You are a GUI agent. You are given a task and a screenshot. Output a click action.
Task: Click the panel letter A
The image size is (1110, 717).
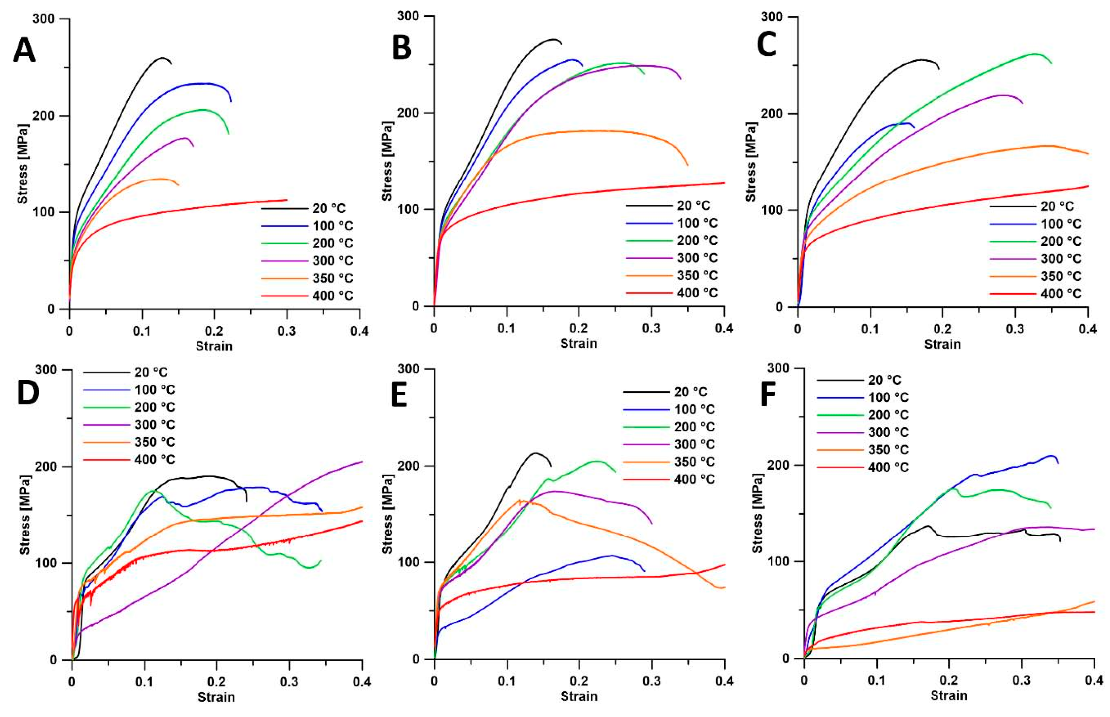pos(24,50)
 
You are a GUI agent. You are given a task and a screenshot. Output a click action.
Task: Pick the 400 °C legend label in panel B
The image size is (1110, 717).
pos(697,293)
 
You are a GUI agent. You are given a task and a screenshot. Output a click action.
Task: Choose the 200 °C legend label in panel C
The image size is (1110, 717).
pos(1061,241)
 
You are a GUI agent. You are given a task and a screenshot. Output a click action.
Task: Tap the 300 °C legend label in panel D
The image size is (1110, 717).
pos(155,425)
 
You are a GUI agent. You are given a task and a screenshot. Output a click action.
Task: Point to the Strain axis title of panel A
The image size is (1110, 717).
pos(214,346)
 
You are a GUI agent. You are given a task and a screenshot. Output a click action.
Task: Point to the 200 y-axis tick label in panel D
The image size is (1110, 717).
pos(48,467)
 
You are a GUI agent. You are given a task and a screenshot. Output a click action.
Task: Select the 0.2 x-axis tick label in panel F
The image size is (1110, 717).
pos(949,680)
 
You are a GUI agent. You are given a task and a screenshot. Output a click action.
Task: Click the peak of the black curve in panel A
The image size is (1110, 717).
pos(162,58)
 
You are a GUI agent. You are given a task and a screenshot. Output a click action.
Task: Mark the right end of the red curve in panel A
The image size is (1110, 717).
pos(287,200)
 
